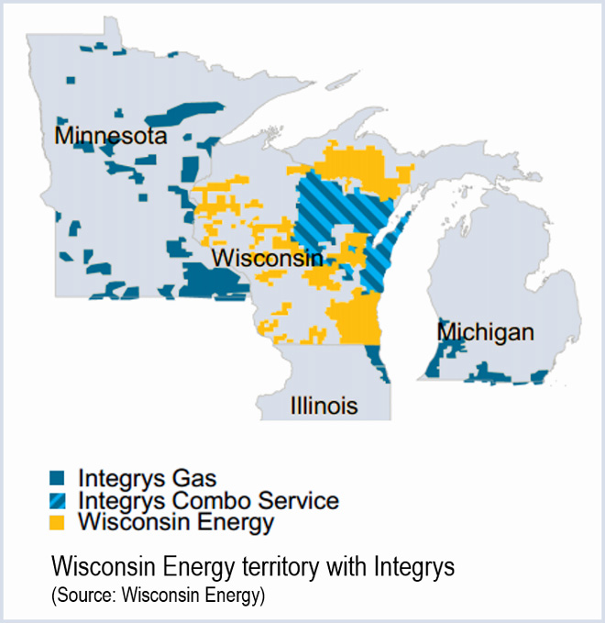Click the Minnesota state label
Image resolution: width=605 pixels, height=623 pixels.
pyautogui.click(x=111, y=136)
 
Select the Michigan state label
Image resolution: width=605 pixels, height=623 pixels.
pyautogui.click(x=485, y=331)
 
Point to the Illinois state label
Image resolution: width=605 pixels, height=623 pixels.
pyautogui.click(x=324, y=406)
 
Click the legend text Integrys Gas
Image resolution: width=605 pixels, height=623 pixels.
pyautogui.click(x=148, y=478)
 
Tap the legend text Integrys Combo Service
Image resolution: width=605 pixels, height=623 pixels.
pyautogui.click(x=209, y=501)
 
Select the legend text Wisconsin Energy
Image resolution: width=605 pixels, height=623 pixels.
pyautogui.click(x=176, y=523)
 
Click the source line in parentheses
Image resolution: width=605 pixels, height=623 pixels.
pyautogui.click(x=158, y=596)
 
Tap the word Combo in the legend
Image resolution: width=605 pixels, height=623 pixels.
pyautogui.click(x=192, y=501)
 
